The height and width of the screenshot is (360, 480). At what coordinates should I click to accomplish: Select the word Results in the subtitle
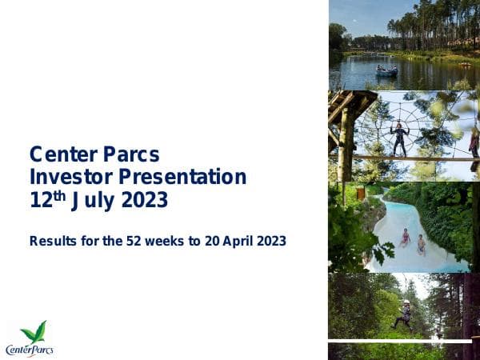click(52, 240)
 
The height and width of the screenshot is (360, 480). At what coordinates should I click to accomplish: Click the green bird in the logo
click(33, 332)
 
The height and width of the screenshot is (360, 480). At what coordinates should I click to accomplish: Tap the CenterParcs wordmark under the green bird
click(29, 349)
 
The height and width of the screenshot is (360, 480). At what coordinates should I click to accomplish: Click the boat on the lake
click(386, 70)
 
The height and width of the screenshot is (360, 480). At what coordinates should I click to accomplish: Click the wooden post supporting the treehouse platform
click(346, 144)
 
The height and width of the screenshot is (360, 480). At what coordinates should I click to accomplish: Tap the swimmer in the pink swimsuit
click(405, 237)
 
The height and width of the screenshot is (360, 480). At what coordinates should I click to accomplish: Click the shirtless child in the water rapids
click(421, 243)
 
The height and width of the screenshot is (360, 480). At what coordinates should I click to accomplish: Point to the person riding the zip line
click(404, 315)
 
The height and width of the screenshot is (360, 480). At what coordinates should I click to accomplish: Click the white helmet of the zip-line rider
click(406, 303)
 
